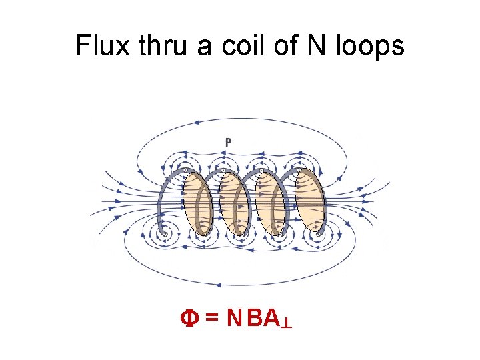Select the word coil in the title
235,46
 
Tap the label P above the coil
228,141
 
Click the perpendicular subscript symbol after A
287,323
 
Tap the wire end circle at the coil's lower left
165,235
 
